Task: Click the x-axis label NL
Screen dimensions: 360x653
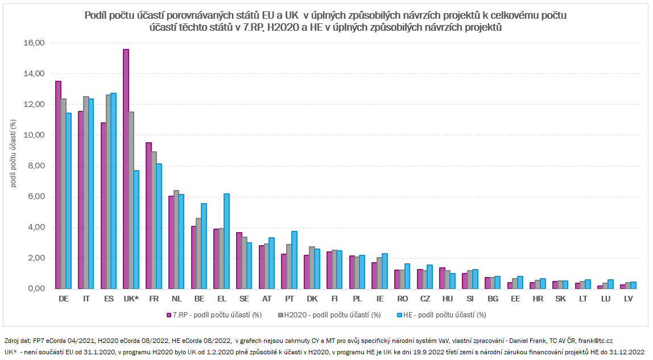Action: pos(176,298)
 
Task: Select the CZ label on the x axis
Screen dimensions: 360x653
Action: pos(424,298)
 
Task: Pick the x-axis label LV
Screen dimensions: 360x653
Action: pos(627,298)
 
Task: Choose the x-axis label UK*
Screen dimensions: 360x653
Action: pos(131,298)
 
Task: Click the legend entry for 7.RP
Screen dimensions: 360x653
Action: pos(213,315)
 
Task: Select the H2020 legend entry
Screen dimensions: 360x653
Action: pos(330,315)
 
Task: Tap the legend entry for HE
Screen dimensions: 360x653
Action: pos(441,315)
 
